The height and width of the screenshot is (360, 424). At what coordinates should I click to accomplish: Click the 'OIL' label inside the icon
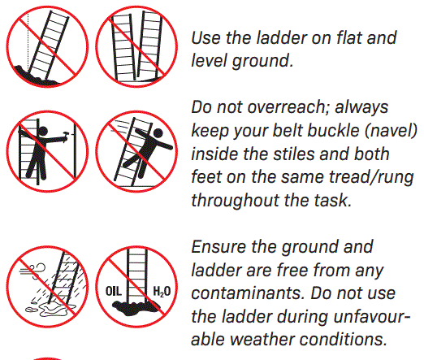[x=114, y=291]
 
